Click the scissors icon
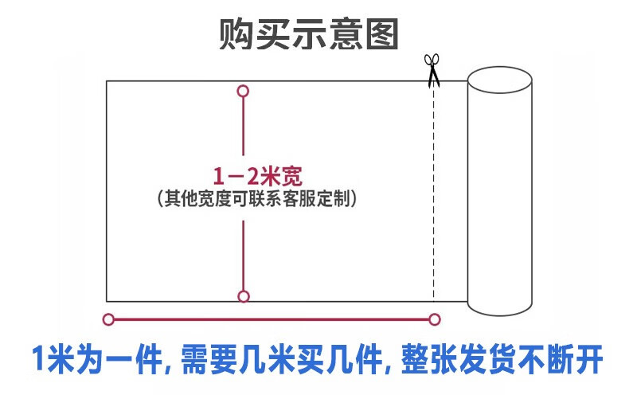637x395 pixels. click(x=432, y=68)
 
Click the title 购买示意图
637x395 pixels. click(x=308, y=35)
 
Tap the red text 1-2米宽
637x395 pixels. click(x=256, y=174)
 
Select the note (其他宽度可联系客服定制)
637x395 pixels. click(x=256, y=197)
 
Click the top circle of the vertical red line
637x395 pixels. click(x=244, y=91)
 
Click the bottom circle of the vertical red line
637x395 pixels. click(x=244, y=296)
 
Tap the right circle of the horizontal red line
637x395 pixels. click(x=434, y=320)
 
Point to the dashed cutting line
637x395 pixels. click(x=433, y=191)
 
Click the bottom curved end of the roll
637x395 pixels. click(x=499, y=307)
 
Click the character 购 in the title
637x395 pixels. click(x=236, y=35)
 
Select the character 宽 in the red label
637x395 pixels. click(x=291, y=174)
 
